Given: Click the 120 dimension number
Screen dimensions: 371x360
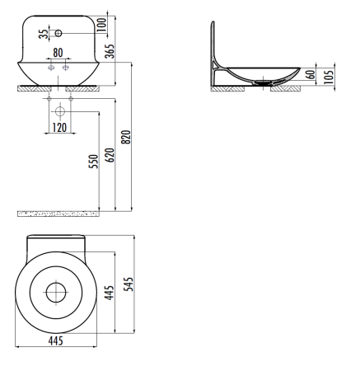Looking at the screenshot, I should (x=58, y=128).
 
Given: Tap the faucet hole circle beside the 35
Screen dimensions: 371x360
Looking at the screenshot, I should (x=58, y=34).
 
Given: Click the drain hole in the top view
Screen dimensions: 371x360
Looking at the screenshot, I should (x=57, y=292).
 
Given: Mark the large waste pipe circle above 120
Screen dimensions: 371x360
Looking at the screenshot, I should (x=59, y=109).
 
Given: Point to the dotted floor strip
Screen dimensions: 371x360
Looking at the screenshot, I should (x=58, y=214).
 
